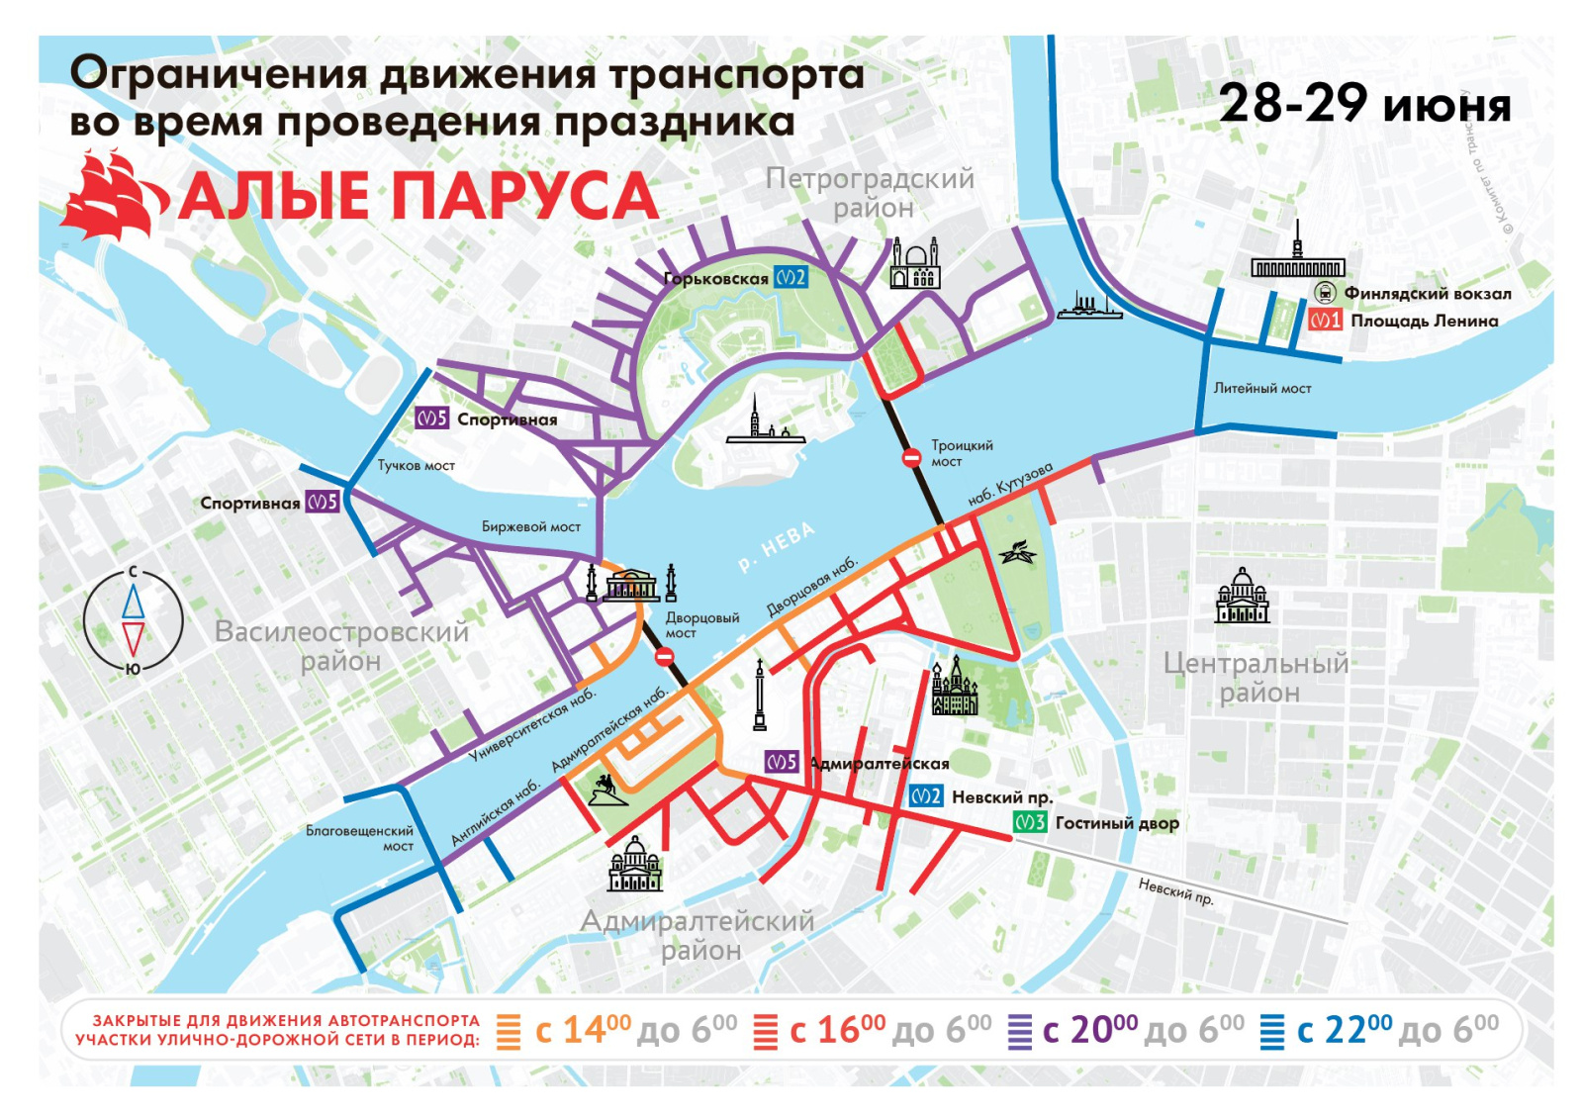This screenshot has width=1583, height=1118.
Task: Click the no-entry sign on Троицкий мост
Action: click(911, 457)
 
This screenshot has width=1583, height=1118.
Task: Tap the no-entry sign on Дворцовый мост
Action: click(665, 656)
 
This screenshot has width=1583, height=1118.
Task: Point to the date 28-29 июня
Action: click(1364, 103)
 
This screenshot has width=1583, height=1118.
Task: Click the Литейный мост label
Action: click(1261, 389)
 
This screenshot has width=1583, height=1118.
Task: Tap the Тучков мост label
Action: click(416, 465)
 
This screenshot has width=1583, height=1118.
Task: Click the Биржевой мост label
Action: click(530, 526)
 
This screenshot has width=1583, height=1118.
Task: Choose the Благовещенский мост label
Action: click(359, 838)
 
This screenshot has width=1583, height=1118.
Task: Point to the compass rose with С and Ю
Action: click(133, 621)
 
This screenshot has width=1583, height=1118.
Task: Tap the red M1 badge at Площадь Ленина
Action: click(1325, 321)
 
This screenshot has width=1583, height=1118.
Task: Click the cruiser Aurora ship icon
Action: click(1089, 307)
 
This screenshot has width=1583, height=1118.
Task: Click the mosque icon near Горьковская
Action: click(914, 264)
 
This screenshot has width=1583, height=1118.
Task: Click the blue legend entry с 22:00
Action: click(1379, 1031)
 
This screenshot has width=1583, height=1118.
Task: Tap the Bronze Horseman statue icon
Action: click(606, 790)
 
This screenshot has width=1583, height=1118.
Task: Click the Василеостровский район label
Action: click(341, 645)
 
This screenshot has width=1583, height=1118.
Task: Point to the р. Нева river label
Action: click(777, 547)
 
